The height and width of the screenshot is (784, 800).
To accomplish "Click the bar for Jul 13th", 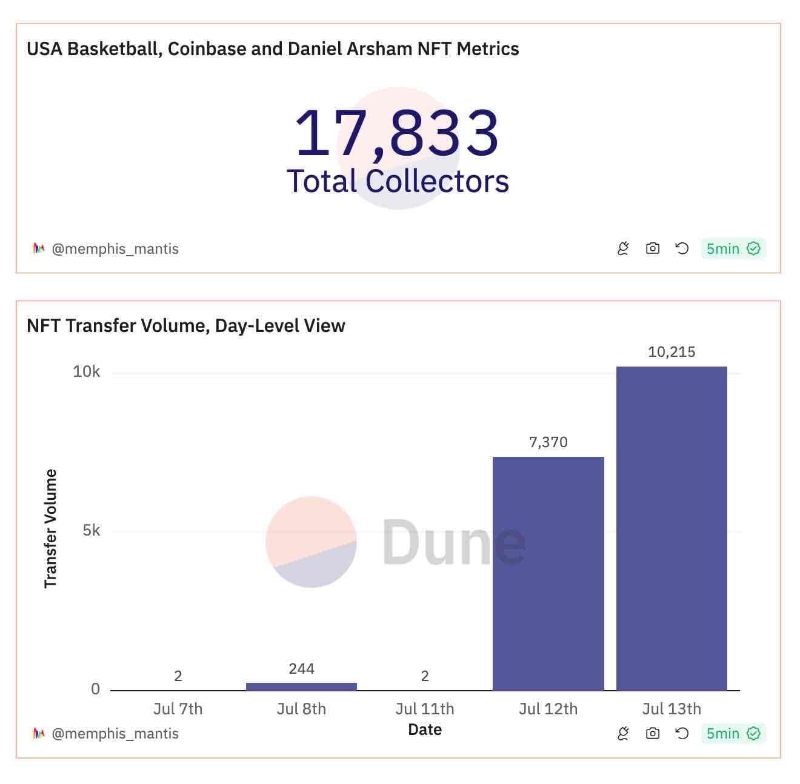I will [x=672, y=528].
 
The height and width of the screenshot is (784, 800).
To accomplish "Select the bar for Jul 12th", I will [x=548, y=573].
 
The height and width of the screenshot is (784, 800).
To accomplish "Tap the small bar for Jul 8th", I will [x=301, y=686].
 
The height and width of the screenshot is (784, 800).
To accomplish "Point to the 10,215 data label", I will [x=672, y=352].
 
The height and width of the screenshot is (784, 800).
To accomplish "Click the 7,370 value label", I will [x=548, y=442].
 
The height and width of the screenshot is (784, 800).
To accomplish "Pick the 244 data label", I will [x=301, y=669].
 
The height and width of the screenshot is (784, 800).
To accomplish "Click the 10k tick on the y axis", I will [x=87, y=372].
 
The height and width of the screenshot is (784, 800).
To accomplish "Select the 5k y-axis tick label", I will [x=92, y=531].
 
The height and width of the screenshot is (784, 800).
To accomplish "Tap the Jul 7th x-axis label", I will [x=178, y=709].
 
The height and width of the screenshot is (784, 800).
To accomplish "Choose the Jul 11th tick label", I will [x=424, y=709].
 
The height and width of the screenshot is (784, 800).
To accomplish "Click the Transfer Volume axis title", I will [x=50, y=528].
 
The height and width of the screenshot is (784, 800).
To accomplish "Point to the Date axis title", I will [x=424, y=729].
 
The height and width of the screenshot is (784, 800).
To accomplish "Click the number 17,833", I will [x=397, y=133].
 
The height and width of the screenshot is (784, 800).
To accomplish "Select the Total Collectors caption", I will [x=397, y=181].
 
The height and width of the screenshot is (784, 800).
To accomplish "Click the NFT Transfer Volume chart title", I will [x=186, y=326].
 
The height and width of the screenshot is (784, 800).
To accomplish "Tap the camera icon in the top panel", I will [x=652, y=248].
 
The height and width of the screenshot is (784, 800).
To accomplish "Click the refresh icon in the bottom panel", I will [x=682, y=734].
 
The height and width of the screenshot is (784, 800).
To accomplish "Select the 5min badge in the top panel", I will [x=733, y=248].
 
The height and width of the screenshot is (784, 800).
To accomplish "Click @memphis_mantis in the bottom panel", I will [x=115, y=734].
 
